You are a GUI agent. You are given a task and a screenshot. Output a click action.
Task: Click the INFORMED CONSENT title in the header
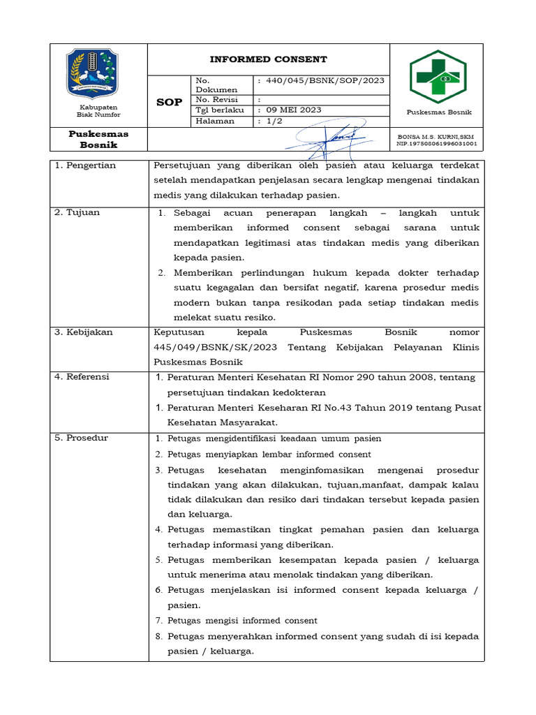269,59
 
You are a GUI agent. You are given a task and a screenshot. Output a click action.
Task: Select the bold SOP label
168,102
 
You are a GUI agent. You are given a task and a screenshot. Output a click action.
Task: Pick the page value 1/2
274,121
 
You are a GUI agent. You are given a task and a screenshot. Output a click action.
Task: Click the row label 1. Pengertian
85,165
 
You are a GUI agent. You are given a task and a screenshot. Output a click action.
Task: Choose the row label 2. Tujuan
78,212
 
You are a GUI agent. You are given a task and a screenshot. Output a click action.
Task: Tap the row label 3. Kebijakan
84,332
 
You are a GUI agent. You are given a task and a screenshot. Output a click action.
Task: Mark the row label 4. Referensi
82,377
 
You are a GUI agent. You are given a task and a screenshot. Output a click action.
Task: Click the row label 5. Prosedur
82,438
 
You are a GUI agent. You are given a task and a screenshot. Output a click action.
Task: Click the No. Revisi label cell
217,100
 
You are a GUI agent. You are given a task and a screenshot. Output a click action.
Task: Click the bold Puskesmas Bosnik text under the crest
98,139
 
